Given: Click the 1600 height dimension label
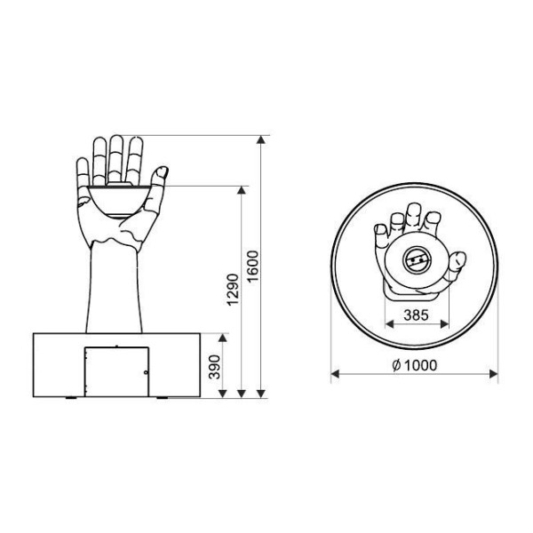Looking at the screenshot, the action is click(253, 266).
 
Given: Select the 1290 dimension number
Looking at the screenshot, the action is click(233, 290).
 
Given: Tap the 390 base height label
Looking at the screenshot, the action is click(215, 367).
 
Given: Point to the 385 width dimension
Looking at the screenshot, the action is click(416, 315).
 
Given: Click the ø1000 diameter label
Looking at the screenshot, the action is click(414, 365).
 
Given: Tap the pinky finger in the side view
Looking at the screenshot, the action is click(83, 171).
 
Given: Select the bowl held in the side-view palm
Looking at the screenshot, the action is click(119, 200).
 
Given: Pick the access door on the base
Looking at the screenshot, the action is click(116, 371).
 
